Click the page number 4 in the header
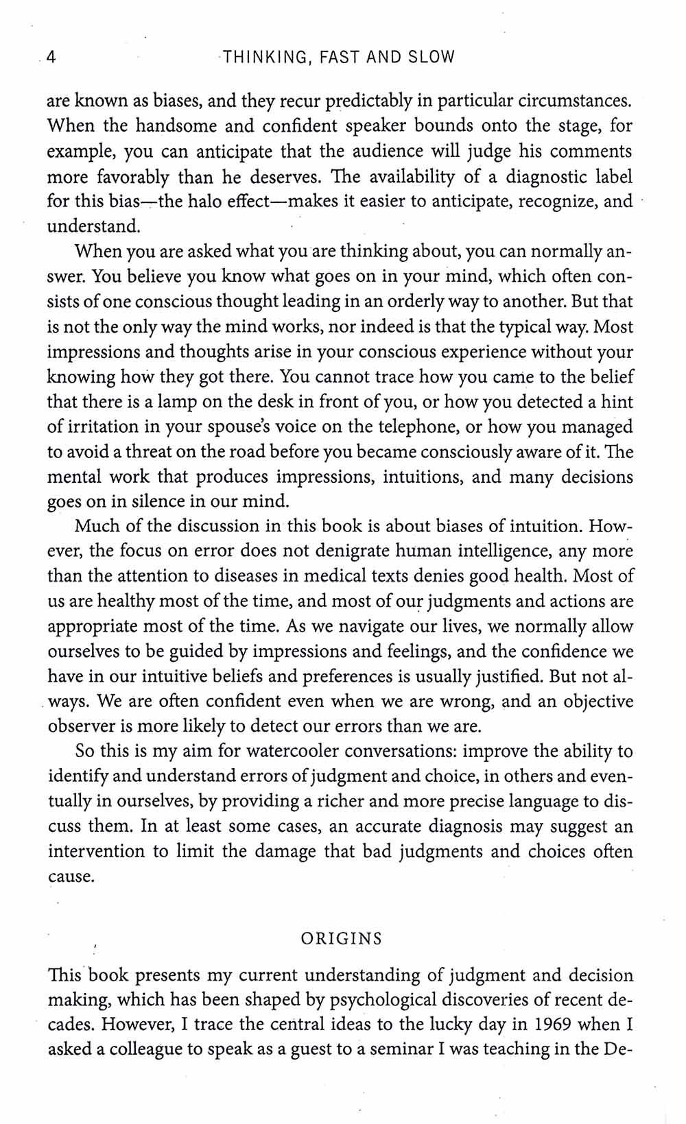pyautogui.click(x=50, y=57)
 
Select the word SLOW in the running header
pyautogui.click(x=431, y=57)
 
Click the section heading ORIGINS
pyautogui.click(x=342, y=939)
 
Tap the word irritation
pyautogui.click(x=104, y=427)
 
